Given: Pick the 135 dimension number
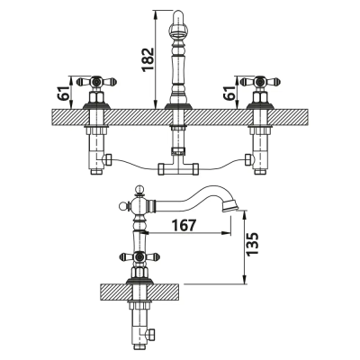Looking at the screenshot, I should [253, 244].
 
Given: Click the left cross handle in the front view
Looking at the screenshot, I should [94, 83].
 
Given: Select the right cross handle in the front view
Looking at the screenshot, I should [259, 83].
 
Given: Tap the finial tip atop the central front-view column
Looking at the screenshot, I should [175, 13].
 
